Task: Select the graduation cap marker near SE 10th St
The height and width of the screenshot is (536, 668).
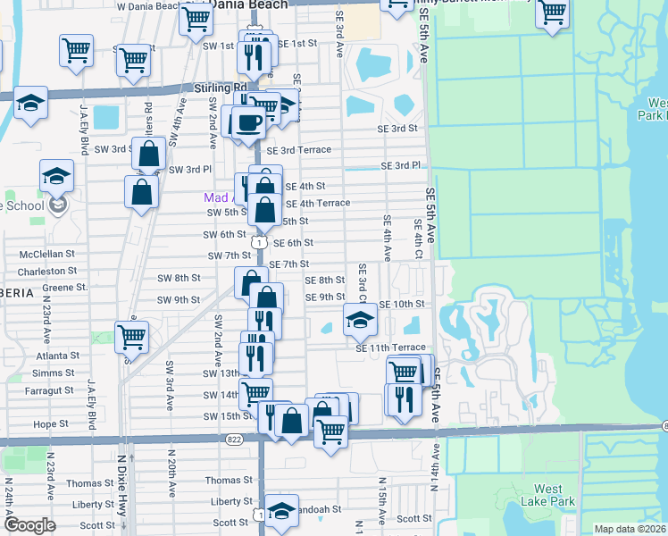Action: coord(360,320)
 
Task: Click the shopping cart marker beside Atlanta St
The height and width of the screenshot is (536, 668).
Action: coord(132,337)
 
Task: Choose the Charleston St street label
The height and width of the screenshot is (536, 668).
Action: coord(48,271)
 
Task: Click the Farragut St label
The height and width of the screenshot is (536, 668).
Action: coord(50,390)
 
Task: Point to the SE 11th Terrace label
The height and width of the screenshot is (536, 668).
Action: coord(390,348)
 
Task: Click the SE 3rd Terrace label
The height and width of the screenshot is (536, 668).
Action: coord(301,150)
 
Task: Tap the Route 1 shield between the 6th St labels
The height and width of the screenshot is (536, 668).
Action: coord(259,242)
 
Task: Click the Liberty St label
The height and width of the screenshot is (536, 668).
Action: coord(93,504)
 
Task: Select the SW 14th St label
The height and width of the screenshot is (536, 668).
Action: coord(221,395)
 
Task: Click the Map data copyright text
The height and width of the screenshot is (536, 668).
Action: coord(629,529)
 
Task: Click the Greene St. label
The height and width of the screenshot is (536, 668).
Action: coord(64,288)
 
